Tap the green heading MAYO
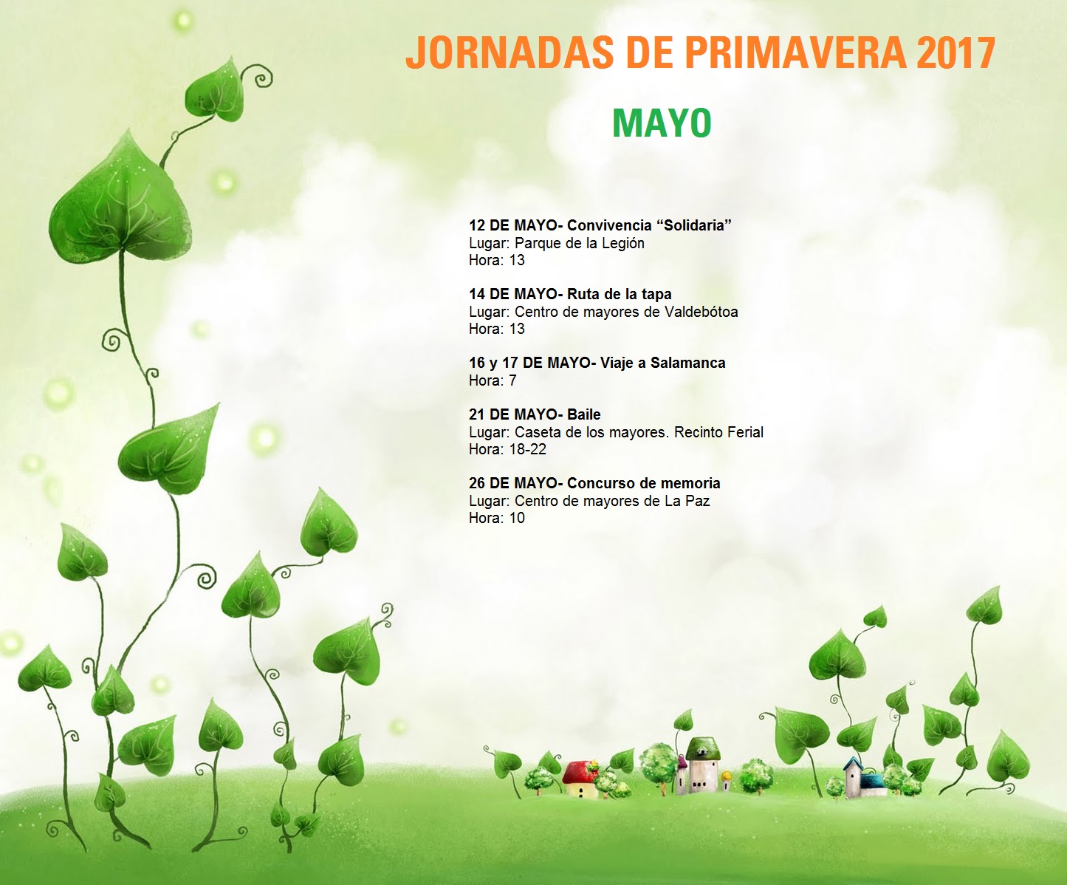[662, 123]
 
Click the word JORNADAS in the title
[510, 52]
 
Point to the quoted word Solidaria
[693, 225]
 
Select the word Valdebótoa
[701, 311]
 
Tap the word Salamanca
[687, 363]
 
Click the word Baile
[584, 414]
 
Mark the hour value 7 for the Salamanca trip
[512, 380]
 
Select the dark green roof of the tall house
[703, 748]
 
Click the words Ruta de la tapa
[620, 294]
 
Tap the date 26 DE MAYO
[514, 482]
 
